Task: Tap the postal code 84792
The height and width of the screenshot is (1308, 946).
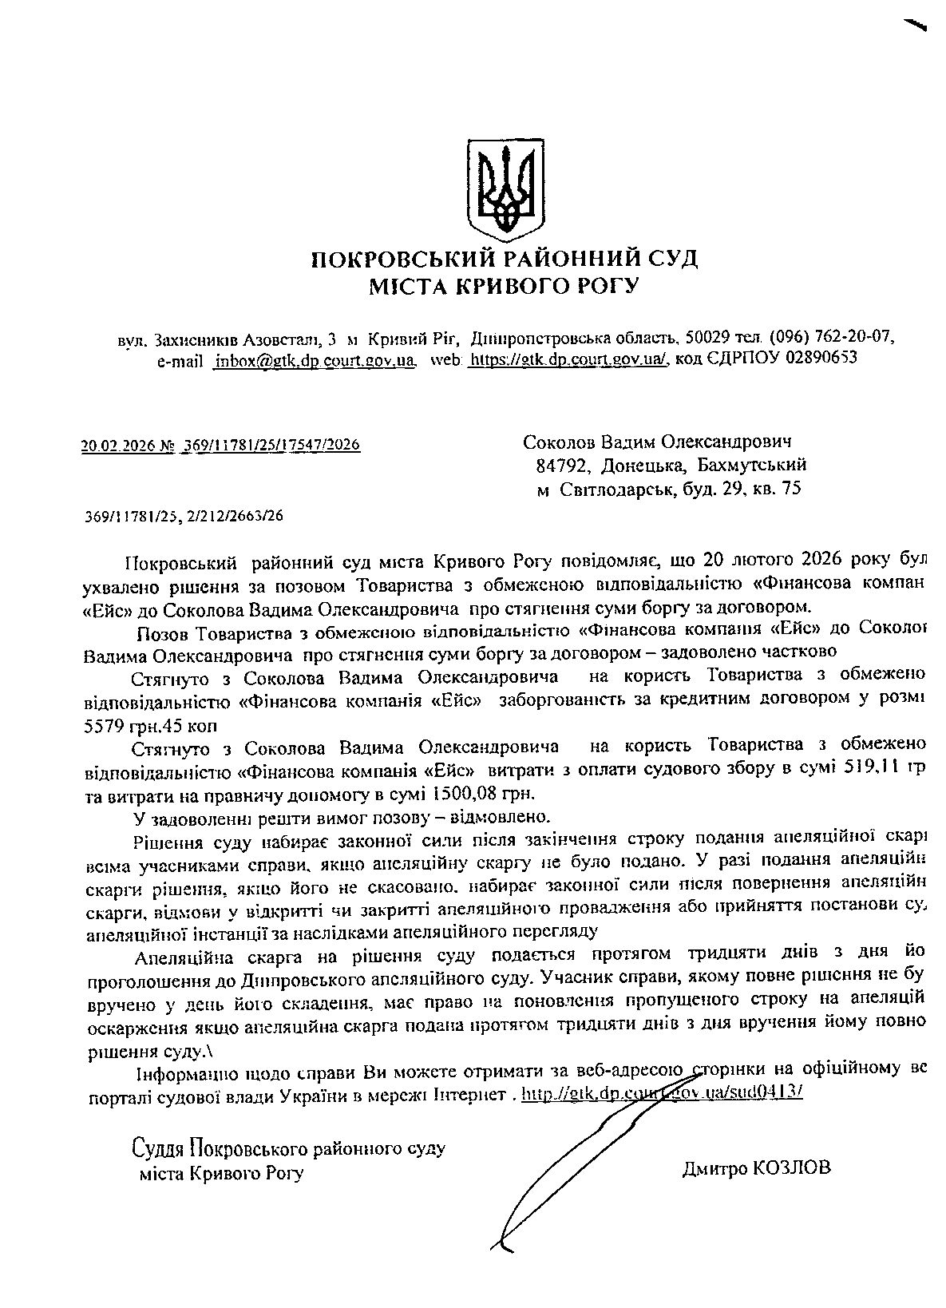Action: click(564, 465)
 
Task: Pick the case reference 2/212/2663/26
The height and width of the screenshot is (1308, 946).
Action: click(236, 516)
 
